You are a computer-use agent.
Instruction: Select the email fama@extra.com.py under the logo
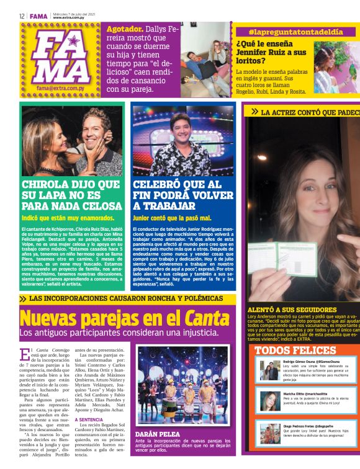coord(61,88)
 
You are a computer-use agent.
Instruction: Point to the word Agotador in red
coord(125,29)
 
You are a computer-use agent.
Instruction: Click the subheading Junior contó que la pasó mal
coord(172,218)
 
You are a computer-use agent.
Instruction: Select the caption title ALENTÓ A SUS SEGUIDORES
coord(292,308)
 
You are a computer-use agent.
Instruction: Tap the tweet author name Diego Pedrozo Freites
coord(308,427)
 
